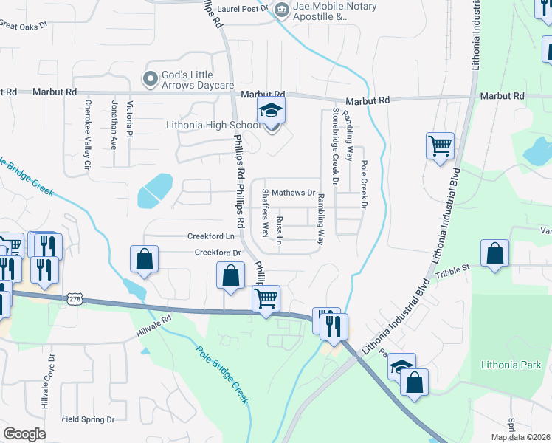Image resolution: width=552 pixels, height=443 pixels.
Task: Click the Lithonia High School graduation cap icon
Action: pos(271,111)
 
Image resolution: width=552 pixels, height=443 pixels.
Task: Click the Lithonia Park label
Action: pos(511,365)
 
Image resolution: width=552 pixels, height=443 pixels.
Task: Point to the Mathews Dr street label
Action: pos(293,193)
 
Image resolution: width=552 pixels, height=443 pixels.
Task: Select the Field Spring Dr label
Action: pos(88,419)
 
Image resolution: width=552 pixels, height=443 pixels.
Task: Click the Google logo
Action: pos(25,433)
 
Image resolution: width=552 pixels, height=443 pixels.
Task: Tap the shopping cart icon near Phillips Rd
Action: pos(266,299)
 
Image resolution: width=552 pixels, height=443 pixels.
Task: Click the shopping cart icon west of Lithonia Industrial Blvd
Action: pos(440,145)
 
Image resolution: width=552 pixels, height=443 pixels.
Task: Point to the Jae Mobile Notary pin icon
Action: pos(281,10)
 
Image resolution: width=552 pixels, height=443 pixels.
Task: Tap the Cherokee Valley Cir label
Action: pos(87,137)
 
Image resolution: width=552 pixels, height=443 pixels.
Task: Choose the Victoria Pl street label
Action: pos(130,118)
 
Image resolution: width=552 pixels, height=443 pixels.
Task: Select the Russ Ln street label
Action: pos(279,230)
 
